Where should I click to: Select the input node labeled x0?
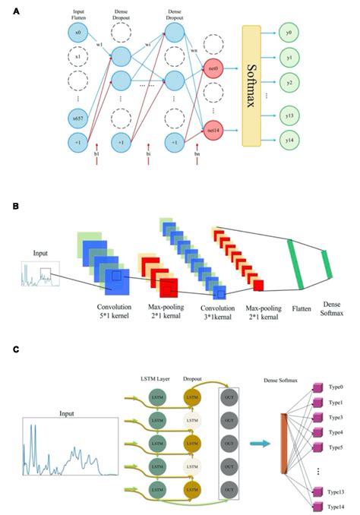[x=77, y=33]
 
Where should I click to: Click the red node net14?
[x=213, y=130]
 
